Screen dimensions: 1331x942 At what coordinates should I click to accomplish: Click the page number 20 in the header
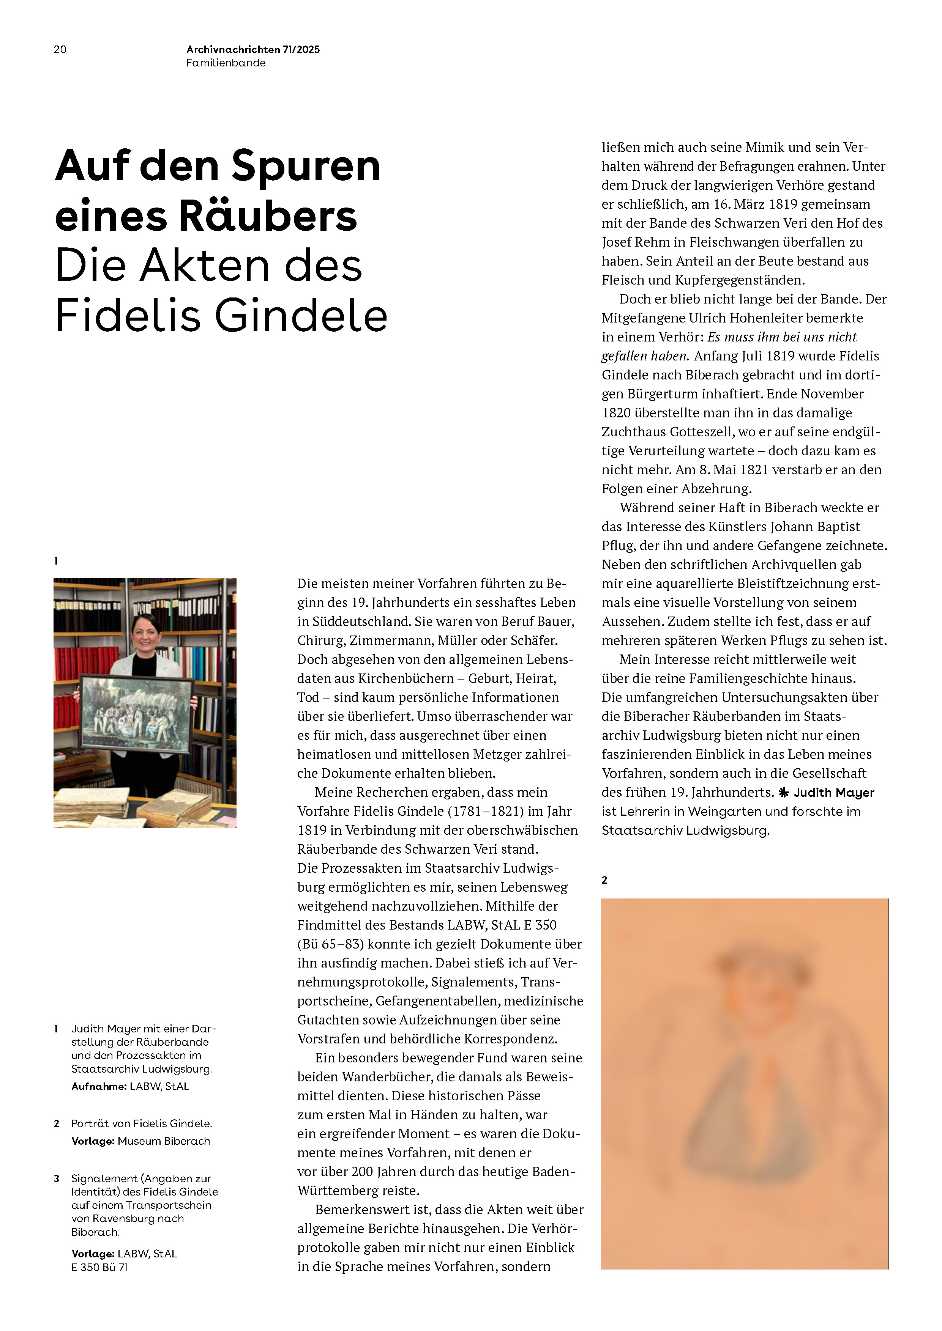pyautogui.click(x=60, y=50)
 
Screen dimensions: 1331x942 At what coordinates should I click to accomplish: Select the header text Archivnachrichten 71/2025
pyautogui.click(x=253, y=50)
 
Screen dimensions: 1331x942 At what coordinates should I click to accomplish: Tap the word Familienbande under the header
pyautogui.click(x=226, y=63)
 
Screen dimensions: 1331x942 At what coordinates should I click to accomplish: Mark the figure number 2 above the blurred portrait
pyautogui.click(x=604, y=880)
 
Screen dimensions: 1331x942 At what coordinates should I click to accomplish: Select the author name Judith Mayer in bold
pyautogui.click(x=833, y=793)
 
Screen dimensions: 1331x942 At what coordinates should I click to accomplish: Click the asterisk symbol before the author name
pyautogui.click(x=784, y=793)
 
